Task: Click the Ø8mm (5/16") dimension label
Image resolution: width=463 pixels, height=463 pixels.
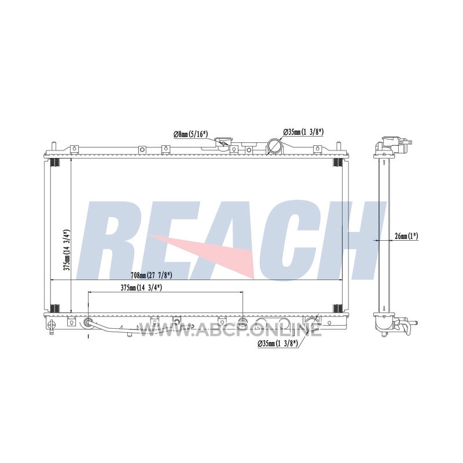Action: pos(191,134)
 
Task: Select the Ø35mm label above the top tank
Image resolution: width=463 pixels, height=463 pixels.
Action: pos(303,132)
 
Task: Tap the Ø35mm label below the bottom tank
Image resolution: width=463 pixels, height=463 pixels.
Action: pos(278,343)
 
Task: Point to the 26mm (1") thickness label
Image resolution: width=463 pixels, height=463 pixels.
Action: pos(406,236)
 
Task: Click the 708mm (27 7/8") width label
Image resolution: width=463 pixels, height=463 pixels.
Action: pos(152,275)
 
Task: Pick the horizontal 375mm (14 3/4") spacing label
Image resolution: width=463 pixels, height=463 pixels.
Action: pos(141,287)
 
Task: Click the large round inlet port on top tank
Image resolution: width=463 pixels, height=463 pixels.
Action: pos(274,145)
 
